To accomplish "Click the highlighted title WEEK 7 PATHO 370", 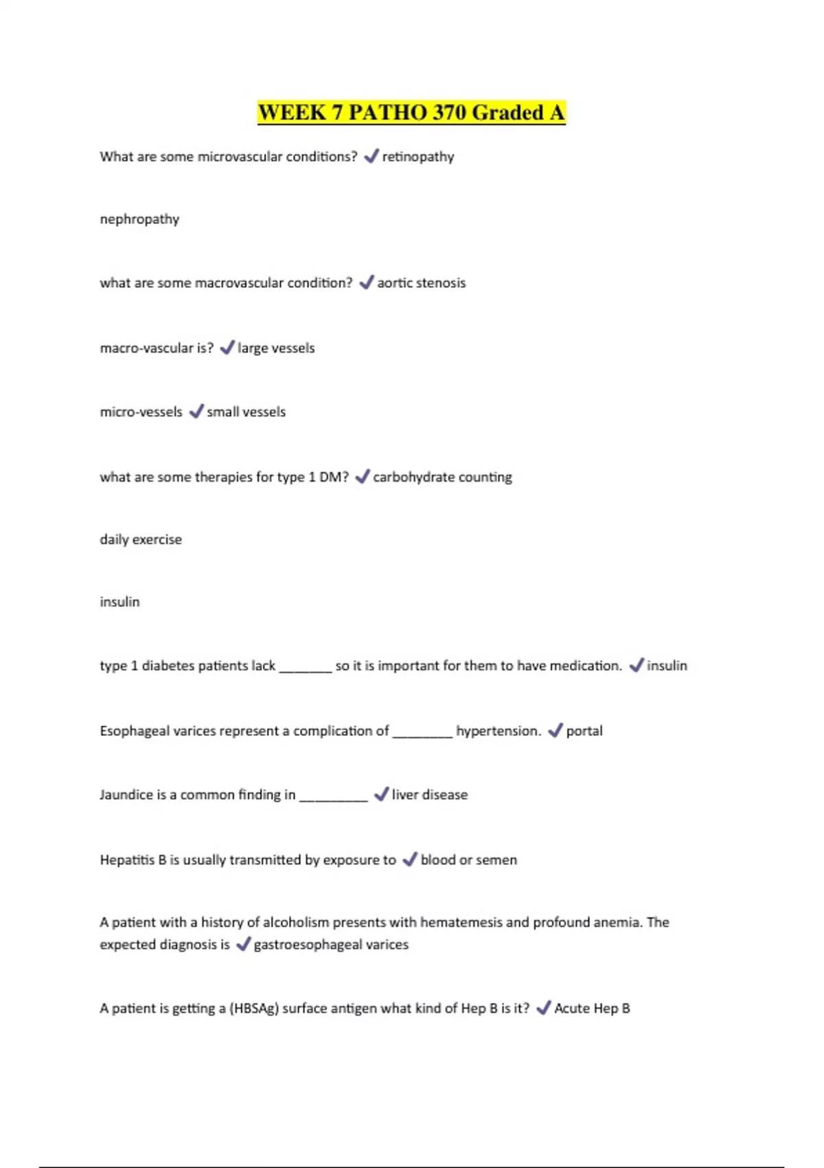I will coord(411,112).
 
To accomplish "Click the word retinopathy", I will coord(417,157).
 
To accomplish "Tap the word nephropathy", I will coord(139,219).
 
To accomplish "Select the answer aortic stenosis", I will coord(421,283).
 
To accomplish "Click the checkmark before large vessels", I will coord(227,348).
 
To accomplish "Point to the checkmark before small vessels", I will coord(196,411).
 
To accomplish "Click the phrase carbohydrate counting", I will coord(442,477).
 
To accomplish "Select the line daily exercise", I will coord(141,539).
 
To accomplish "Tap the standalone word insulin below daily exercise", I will coord(119,602).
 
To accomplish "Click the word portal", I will coord(584,731).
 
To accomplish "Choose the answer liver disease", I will coord(429,795).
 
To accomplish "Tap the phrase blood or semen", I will coord(468,860).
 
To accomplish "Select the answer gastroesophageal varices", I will coord(331,945).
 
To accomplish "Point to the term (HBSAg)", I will coord(254,1009).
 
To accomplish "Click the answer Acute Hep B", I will coord(592,1009).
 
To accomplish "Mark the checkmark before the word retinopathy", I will coord(371,156).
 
